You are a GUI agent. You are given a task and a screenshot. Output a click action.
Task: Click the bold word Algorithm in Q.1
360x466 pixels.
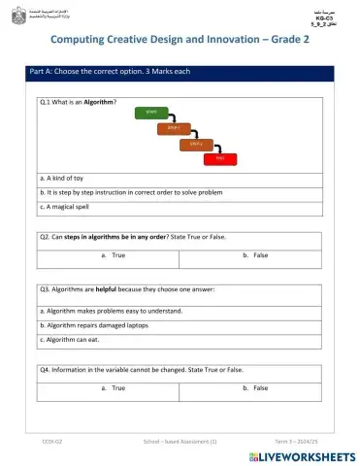click(x=98, y=101)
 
